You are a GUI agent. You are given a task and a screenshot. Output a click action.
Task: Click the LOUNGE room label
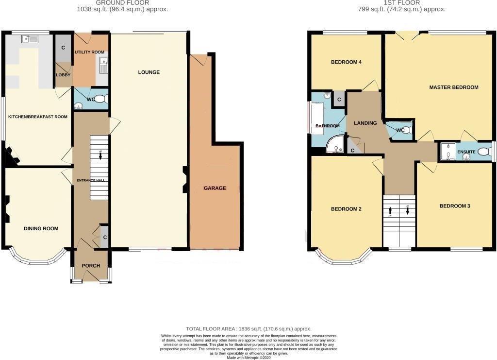tap(149, 72)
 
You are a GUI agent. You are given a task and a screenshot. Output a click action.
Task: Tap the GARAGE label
tap(215, 188)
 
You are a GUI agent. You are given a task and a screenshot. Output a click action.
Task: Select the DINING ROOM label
tap(41, 228)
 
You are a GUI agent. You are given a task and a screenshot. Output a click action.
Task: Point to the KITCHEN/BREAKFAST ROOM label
tap(37, 117)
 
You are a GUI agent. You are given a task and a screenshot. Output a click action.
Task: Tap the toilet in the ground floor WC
tap(100, 100)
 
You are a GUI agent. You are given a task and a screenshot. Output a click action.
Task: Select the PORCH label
tap(91, 266)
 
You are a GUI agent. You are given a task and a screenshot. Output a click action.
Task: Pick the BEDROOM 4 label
tap(346, 62)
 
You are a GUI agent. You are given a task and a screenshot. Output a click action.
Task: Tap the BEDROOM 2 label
tap(346, 209)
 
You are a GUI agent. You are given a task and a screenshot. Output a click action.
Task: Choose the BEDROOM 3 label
tap(455, 206)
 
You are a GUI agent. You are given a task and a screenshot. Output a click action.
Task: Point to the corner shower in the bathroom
tap(334, 144)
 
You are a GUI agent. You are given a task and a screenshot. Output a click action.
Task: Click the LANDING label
tap(365, 123)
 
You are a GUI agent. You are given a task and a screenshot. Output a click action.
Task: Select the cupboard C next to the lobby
tap(63, 48)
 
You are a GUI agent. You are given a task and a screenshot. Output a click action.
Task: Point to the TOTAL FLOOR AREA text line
tap(248, 329)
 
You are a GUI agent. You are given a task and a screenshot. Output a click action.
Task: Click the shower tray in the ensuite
tap(447, 151)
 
